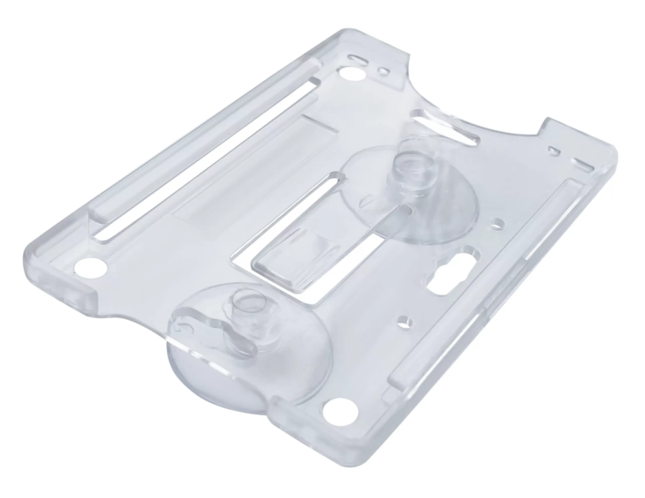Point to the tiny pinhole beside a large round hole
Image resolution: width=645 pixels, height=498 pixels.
coord(386,72)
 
